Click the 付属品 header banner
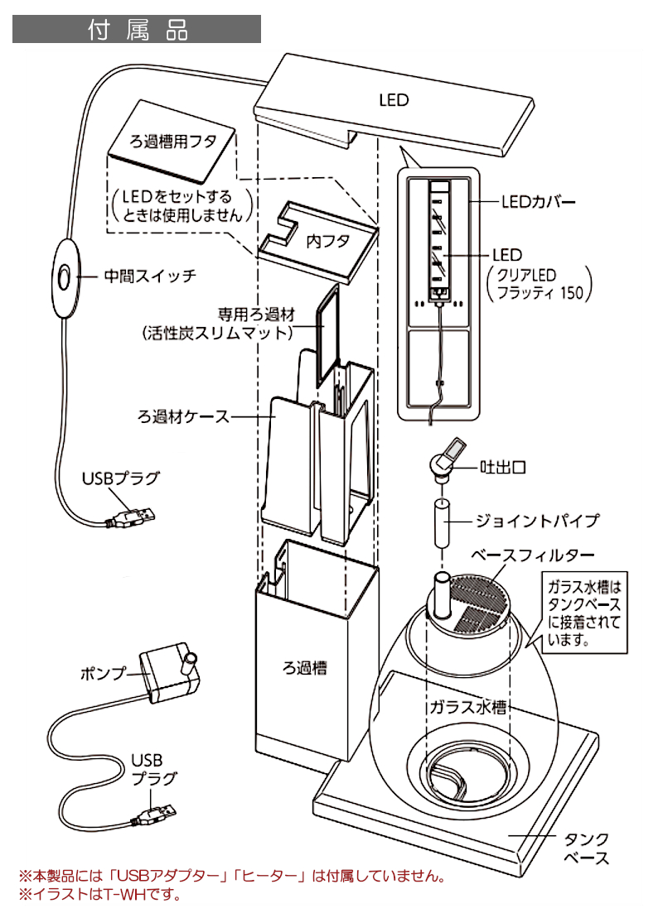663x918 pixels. pos(137,29)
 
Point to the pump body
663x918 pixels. pos(170,673)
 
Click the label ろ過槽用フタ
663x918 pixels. pos(173,141)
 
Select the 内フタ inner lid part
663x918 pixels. pos(317,242)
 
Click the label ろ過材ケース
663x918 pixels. pos(183,417)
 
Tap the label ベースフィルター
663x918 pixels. pos(533,555)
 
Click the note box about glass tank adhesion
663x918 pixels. pos(584,613)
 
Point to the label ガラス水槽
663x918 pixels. pos(467,707)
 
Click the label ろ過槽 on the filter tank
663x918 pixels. pos(305,667)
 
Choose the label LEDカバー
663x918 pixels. pos(538,203)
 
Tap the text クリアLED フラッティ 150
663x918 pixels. pos(540,284)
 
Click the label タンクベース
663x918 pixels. pos(586,849)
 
